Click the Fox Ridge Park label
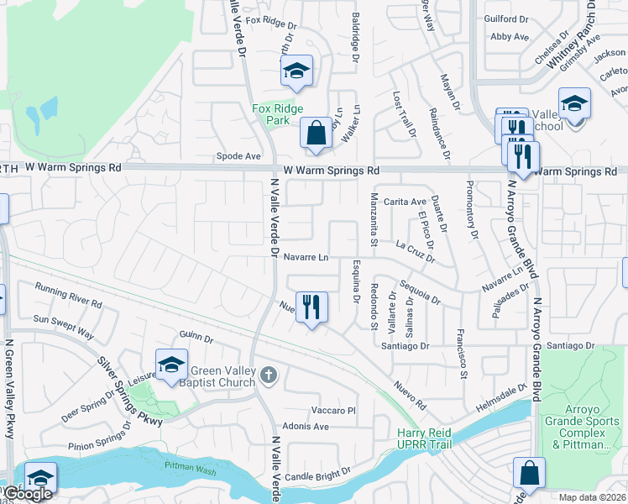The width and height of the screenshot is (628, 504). pyautogui.click(x=271, y=114)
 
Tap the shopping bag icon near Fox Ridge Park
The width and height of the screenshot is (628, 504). pyautogui.click(x=316, y=133)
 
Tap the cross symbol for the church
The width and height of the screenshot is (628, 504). pyautogui.click(x=268, y=375)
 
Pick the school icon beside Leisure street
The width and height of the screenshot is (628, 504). pyautogui.click(x=170, y=365)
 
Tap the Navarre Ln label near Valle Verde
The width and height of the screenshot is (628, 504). pyautogui.click(x=306, y=257)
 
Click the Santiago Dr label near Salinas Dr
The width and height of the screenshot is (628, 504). pyautogui.click(x=405, y=345)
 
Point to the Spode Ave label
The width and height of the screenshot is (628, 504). pyautogui.click(x=238, y=156)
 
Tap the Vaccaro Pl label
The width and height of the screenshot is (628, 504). pyautogui.click(x=334, y=410)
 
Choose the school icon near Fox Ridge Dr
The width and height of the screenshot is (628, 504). pyautogui.click(x=296, y=71)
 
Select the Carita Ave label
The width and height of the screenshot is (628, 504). pyautogui.click(x=406, y=202)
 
